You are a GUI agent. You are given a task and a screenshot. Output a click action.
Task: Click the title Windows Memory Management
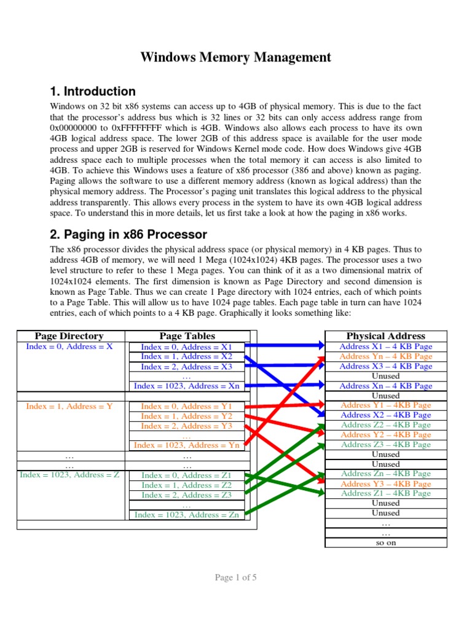tap(236, 58)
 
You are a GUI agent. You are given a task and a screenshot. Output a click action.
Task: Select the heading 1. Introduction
tap(92, 92)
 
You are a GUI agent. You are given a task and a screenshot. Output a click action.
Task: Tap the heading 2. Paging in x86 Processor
tap(128, 235)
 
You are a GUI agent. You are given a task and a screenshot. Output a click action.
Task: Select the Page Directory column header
tap(69, 336)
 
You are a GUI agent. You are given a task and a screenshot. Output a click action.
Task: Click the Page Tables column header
tap(187, 336)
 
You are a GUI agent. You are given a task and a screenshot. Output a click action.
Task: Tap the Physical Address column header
tap(385, 336)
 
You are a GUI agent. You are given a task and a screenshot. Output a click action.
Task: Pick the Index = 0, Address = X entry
tap(69, 346)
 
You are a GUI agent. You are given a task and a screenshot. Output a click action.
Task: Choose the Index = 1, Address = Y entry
tap(69, 406)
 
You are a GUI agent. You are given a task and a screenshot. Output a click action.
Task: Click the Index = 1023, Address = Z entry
tap(69, 475)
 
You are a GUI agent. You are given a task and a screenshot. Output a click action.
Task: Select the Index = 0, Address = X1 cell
tap(187, 347)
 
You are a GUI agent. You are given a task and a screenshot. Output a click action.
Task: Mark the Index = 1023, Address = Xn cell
tap(187, 386)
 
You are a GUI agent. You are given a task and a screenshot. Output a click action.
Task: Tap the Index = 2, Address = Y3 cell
tap(187, 426)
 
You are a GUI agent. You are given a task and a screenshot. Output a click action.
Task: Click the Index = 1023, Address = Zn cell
tap(187, 515)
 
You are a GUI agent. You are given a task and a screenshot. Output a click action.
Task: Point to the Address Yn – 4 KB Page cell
tap(385, 356)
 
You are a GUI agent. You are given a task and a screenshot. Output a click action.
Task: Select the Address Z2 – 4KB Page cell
tap(385, 425)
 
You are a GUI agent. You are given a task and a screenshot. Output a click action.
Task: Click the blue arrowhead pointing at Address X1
tap(318, 346)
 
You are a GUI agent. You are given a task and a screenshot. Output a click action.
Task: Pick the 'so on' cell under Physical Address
tap(385, 543)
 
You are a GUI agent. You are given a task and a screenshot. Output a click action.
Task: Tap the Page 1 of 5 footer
tap(236, 577)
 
